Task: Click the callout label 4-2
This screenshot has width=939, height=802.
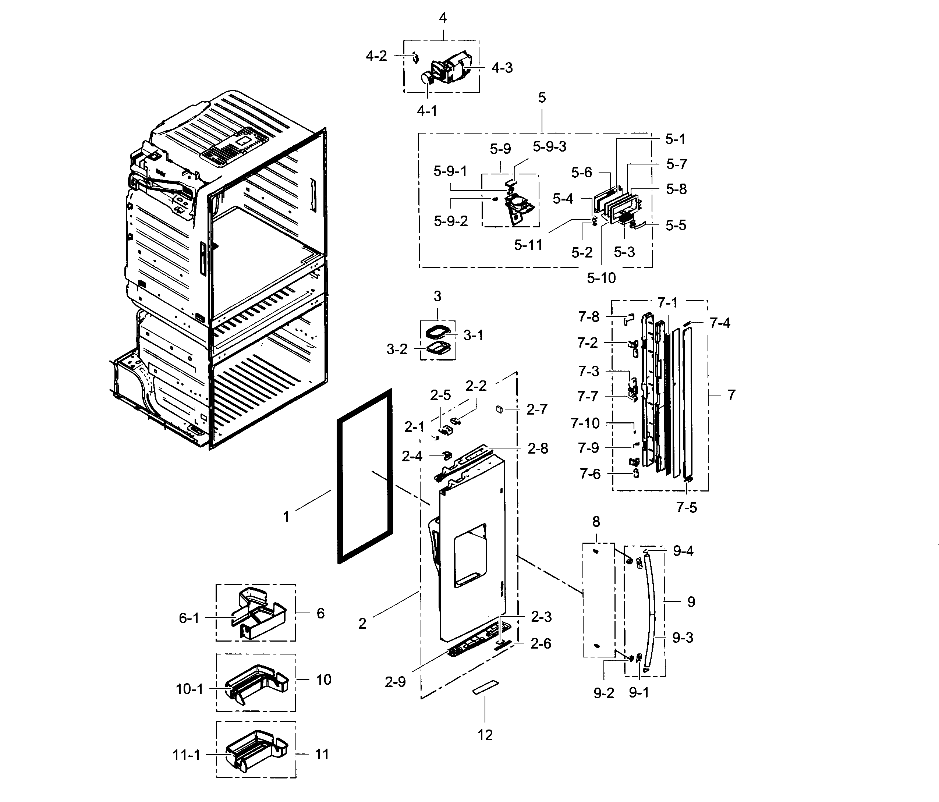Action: [x=376, y=56]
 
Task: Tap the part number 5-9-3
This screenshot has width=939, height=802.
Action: [x=549, y=146]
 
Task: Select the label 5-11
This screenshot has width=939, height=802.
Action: [x=528, y=245]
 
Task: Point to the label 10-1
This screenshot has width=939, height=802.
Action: [x=189, y=689]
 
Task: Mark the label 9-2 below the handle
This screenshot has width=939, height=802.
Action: [x=604, y=693]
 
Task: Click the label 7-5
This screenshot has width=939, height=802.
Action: [x=686, y=507]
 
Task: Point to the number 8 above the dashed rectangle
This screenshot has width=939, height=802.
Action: [x=596, y=522]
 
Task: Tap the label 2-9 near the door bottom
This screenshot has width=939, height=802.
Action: [x=395, y=682]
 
